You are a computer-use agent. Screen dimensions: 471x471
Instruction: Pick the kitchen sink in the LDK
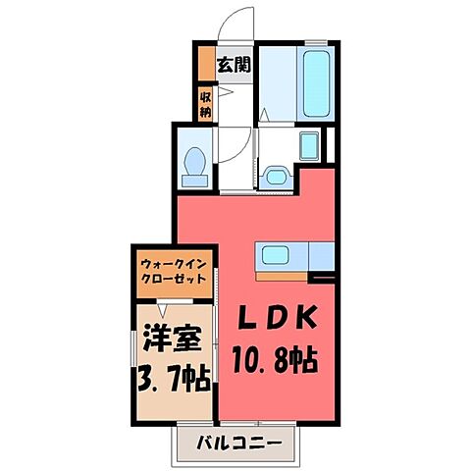(276, 256)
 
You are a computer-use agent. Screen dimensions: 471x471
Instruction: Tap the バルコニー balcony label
(235, 442)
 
